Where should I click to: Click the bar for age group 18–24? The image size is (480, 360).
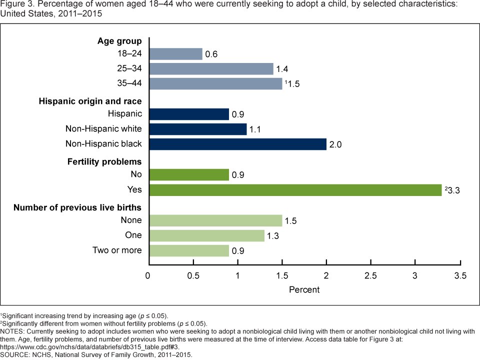tap(176, 54)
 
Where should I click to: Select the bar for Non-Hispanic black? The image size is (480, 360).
tap(238, 144)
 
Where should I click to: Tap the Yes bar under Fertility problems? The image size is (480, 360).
tap(295, 190)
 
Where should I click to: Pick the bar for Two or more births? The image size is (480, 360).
tap(189, 250)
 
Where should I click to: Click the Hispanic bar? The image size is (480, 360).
tap(189, 114)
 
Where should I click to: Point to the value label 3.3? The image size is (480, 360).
tap(455, 190)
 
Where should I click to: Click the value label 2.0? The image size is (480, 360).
tap(335, 145)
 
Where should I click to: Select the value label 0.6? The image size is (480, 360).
tap(211, 54)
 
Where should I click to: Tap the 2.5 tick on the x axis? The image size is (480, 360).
tap(370, 276)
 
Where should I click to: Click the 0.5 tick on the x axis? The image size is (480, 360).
tap(193, 276)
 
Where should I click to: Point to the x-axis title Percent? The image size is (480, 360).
tap(304, 289)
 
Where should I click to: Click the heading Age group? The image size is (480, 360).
tap(119, 41)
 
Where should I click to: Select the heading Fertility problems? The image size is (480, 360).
tap(104, 161)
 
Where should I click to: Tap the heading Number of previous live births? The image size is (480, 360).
tap(77, 207)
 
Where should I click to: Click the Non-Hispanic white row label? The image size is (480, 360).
tap(103, 129)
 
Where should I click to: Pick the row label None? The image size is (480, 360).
tap(131, 220)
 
